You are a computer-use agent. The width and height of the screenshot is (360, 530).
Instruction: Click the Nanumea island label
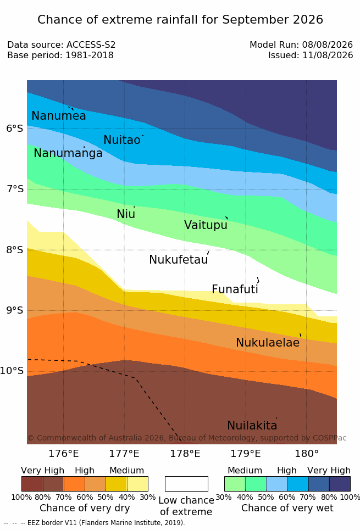pyautogui.click(x=58, y=115)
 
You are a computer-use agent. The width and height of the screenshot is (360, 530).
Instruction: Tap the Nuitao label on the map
pyautogui.click(x=122, y=140)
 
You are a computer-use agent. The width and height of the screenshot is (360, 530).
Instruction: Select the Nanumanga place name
pyautogui.click(x=68, y=153)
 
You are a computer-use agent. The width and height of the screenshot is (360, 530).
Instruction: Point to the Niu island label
pyautogui.click(x=126, y=214)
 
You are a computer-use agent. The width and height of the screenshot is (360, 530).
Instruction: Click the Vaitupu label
pyautogui.click(x=206, y=225)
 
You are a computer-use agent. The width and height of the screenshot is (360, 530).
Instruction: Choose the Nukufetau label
pyautogui.click(x=178, y=259)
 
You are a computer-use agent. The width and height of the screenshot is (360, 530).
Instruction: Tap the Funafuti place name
pyautogui.click(x=235, y=289)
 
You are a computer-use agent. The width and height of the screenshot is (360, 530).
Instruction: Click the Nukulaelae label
pyautogui.click(x=268, y=342)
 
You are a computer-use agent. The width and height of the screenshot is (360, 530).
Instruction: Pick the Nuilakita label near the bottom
pyautogui.click(x=252, y=425)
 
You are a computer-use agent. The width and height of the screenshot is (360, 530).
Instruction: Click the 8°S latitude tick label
pyautogui.click(x=15, y=250)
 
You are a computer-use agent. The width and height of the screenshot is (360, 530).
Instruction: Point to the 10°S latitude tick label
pyautogui.click(x=12, y=371)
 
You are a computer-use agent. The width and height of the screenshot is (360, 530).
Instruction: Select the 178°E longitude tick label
pyautogui.click(x=185, y=453)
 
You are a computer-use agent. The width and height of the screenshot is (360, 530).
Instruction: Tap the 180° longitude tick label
pyautogui.click(x=307, y=453)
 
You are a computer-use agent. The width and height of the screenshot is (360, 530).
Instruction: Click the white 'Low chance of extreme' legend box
pyautogui.click(x=186, y=484)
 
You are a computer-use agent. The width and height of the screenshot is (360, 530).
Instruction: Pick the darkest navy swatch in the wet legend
pyautogui.click(x=340, y=484)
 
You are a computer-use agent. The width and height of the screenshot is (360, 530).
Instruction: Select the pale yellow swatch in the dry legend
pyautogui.click(x=137, y=484)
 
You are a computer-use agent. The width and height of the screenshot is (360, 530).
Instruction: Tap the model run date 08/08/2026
pyautogui.click(x=328, y=44)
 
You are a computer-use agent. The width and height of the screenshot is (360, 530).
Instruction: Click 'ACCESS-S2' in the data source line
pyautogui.click(x=91, y=44)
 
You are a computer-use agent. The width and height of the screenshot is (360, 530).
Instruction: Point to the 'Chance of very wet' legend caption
pyautogui.click(x=287, y=508)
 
